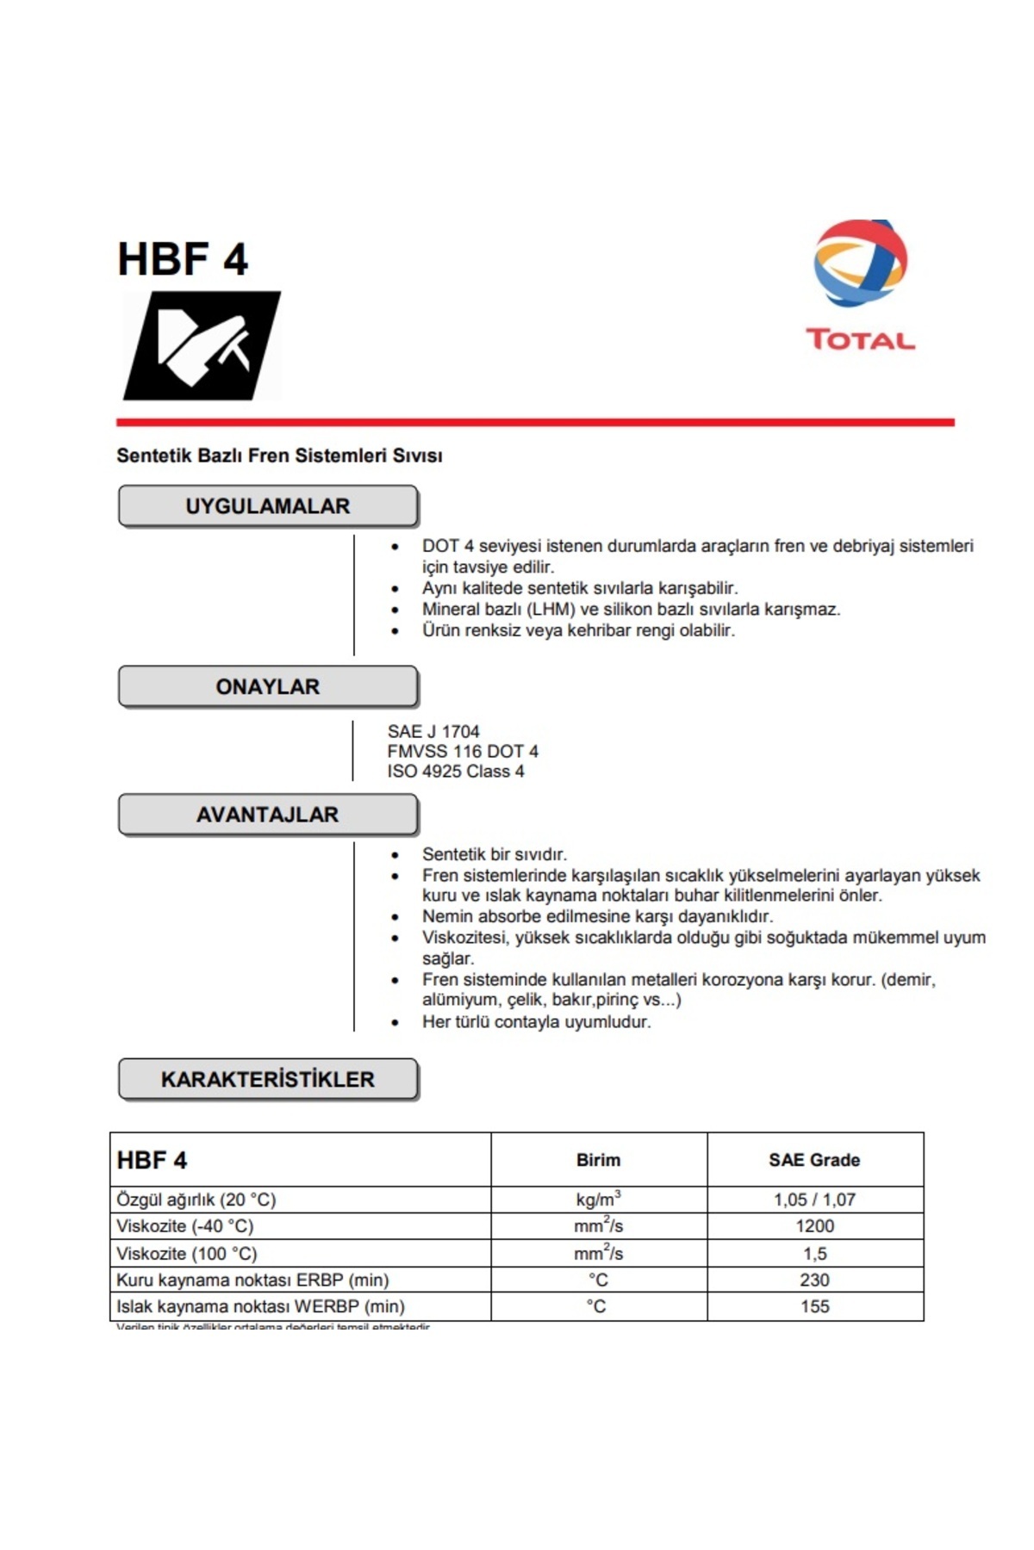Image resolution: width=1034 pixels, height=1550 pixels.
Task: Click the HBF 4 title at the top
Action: (x=183, y=259)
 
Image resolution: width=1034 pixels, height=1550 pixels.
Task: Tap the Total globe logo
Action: (x=860, y=263)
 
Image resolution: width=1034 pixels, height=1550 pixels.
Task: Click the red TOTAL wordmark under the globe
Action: (x=860, y=339)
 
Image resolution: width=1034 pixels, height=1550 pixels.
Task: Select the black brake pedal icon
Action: (x=202, y=345)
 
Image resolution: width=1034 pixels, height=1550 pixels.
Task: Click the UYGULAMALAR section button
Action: (x=268, y=506)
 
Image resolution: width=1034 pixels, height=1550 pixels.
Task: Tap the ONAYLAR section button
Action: (x=268, y=687)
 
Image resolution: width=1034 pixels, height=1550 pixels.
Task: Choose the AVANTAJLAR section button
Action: (x=268, y=815)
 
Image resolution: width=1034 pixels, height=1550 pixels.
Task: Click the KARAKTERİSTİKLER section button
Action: (x=268, y=1080)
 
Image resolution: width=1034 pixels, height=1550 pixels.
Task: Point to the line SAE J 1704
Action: (x=433, y=731)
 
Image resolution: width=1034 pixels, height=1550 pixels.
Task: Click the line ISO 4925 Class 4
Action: (x=455, y=772)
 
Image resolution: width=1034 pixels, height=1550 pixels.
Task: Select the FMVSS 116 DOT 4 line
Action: (x=463, y=752)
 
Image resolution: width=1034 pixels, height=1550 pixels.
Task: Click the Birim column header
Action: (x=598, y=1160)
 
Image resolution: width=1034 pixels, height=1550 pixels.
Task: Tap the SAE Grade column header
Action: (x=814, y=1160)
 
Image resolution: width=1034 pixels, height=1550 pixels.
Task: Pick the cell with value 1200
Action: (x=814, y=1226)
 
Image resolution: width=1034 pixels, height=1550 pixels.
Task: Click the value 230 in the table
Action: (x=814, y=1280)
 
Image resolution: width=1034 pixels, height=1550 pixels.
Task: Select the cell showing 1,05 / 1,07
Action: (x=814, y=1200)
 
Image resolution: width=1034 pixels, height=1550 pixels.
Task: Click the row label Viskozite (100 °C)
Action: (x=187, y=1254)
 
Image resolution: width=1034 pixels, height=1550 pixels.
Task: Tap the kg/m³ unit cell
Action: (x=598, y=1200)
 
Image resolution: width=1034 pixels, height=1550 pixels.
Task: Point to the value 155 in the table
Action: (x=814, y=1307)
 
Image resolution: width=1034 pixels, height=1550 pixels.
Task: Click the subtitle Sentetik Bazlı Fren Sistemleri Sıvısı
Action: (x=279, y=456)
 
